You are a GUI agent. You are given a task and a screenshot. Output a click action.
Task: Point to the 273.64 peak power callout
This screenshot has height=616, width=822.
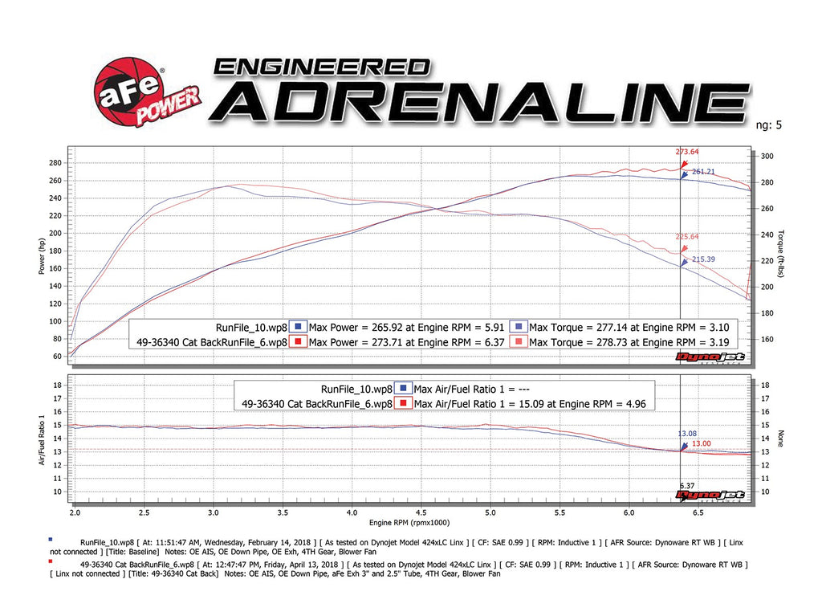click(x=688, y=151)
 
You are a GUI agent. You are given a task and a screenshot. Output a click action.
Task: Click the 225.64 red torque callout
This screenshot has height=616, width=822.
click(x=688, y=237)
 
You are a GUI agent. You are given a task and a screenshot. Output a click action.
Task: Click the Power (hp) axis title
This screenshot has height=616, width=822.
click(x=41, y=255)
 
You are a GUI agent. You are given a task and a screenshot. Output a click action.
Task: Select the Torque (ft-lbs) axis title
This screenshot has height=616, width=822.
click(x=779, y=255)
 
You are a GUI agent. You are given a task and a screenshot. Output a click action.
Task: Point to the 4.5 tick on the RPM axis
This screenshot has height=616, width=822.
click(x=421, y=512)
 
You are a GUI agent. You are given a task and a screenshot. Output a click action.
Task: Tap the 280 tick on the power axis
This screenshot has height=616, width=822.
click(x=55, y=163)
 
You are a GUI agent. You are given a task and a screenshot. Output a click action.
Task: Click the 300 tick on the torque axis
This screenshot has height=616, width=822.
click(x=767, y=157)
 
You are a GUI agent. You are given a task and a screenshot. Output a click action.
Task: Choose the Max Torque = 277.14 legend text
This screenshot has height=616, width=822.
click(x=620, y=327)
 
